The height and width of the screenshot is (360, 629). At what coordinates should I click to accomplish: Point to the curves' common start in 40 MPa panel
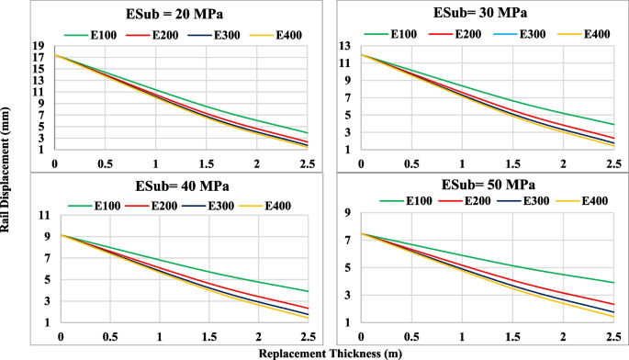click(62, 235)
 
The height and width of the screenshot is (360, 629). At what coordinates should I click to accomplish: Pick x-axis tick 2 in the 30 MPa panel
click(562, 163)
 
